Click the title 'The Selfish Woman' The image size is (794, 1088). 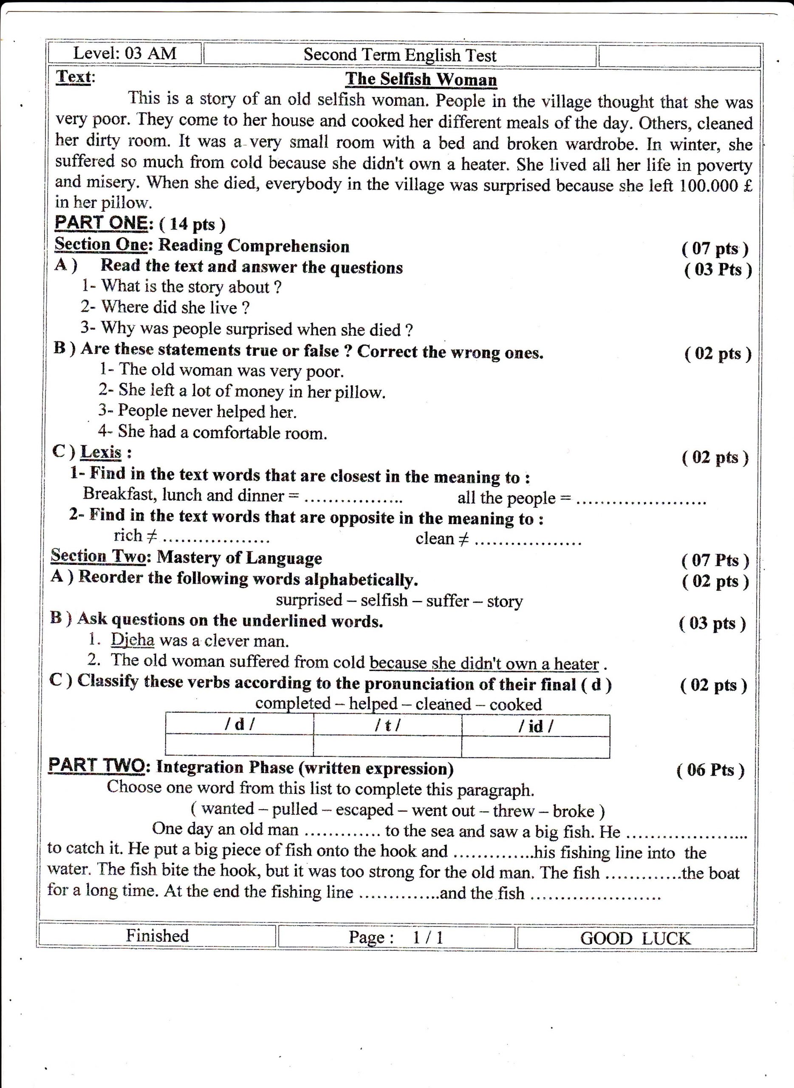tap(421, 79)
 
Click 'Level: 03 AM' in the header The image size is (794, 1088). tap(124, 53)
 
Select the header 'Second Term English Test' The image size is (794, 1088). tap(399, 55)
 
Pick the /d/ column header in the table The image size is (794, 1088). tap(239, 725)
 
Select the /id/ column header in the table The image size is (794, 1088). tap(535, 726)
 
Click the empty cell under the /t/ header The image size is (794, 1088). tap(387, 746)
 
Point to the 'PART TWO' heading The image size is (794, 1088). tap(96, 765)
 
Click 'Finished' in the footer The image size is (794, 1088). tap(157, 935)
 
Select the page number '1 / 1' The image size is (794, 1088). tap(428, 938)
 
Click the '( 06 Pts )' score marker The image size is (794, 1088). tap(710, 770)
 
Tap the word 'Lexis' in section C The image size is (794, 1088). tap(101, 452)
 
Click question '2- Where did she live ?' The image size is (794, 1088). tap(165, 307)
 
